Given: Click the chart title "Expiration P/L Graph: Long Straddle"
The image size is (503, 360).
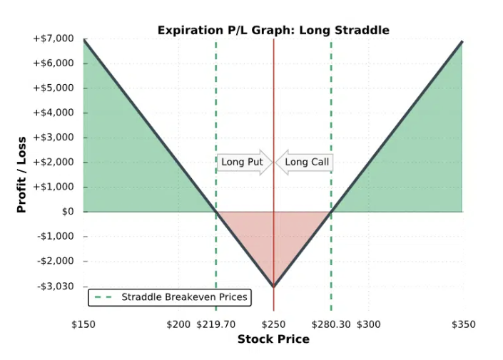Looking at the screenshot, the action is (273, 30).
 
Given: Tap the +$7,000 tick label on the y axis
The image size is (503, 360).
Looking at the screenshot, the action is (54, 38).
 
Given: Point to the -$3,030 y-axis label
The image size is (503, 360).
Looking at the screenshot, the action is (56, 286).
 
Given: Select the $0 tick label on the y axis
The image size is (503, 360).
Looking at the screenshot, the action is (68, 212).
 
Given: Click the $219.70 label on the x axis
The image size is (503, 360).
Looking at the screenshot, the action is (216, 324).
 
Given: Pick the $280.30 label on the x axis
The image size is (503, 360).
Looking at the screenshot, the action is (331, 324).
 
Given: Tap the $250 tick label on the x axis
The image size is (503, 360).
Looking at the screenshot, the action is (274, 324).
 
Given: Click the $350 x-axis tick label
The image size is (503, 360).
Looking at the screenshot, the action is (464, 324).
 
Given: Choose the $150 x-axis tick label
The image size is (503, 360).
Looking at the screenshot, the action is (83, 324).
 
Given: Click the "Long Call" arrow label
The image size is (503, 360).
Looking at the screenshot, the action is (304, 163).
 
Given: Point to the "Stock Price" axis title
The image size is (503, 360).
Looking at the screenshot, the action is (273, 339).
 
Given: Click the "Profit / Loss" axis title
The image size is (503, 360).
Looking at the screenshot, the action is (21, 175).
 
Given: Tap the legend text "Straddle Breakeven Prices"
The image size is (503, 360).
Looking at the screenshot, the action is (185, 297).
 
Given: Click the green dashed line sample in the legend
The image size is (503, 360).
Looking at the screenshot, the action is (103, 297).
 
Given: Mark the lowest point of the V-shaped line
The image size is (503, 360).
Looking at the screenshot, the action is (274, 286).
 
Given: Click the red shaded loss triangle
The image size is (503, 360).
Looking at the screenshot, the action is (274, 237).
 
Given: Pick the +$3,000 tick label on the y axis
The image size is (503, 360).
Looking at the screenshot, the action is (54, 137).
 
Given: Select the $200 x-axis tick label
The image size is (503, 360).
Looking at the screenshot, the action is (178, 324).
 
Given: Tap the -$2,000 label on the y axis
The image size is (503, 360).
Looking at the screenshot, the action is (56, 261).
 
